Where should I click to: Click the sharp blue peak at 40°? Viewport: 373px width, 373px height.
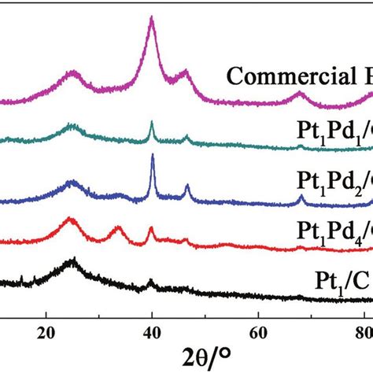coord(152,157)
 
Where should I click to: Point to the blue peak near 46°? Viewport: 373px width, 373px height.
coord(186,186)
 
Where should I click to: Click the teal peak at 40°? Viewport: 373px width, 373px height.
coord(152,123)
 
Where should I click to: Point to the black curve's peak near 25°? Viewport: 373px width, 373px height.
coord(73,259)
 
